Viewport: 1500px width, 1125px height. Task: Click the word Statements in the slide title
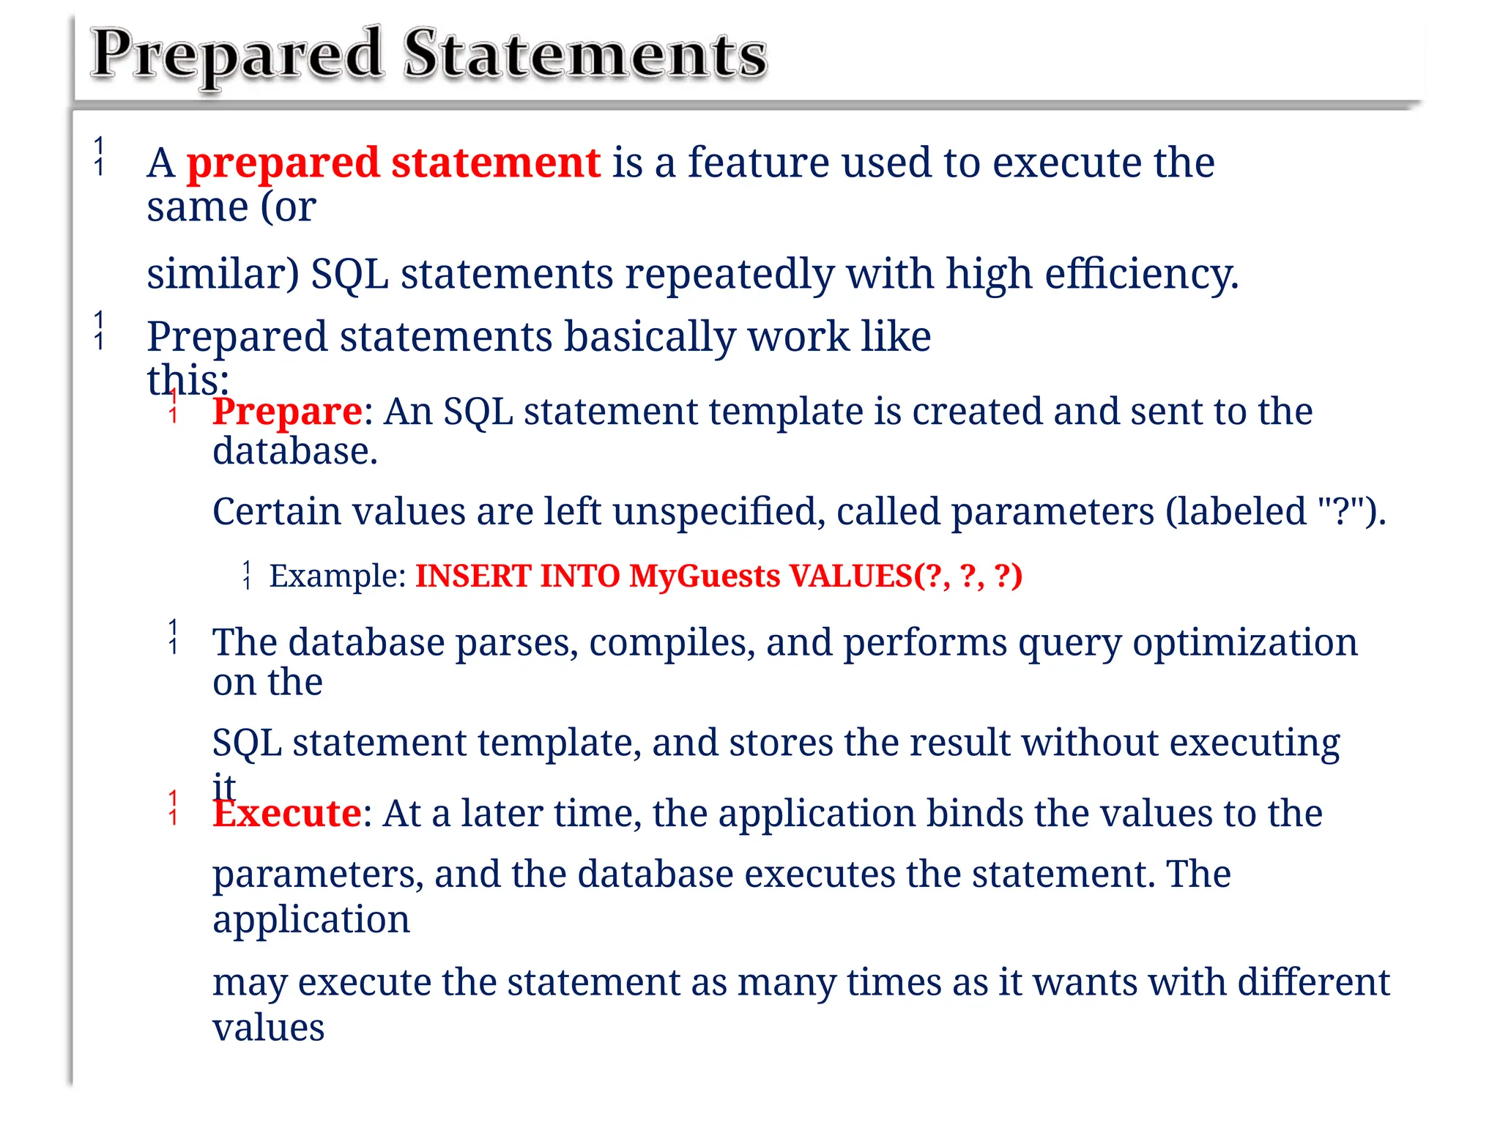tap(584, 54)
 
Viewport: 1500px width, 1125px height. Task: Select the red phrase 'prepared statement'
tap(393, 163)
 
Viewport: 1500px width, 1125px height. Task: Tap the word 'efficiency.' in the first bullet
tap(1141, 274)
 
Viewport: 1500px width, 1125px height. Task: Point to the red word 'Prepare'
tap(287, 412)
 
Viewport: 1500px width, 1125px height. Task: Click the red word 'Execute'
tap(287, 813)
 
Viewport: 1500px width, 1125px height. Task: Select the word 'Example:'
tap(338, 576)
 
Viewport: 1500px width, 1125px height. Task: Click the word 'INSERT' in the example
tap(472, 576)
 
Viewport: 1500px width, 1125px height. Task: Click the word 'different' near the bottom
tap(1313, 982)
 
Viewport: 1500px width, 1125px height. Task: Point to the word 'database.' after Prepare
tap(295, 451)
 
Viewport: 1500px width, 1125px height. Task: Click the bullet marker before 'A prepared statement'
tap(100, 156)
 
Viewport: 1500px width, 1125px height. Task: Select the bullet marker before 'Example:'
tap(248, 575)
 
